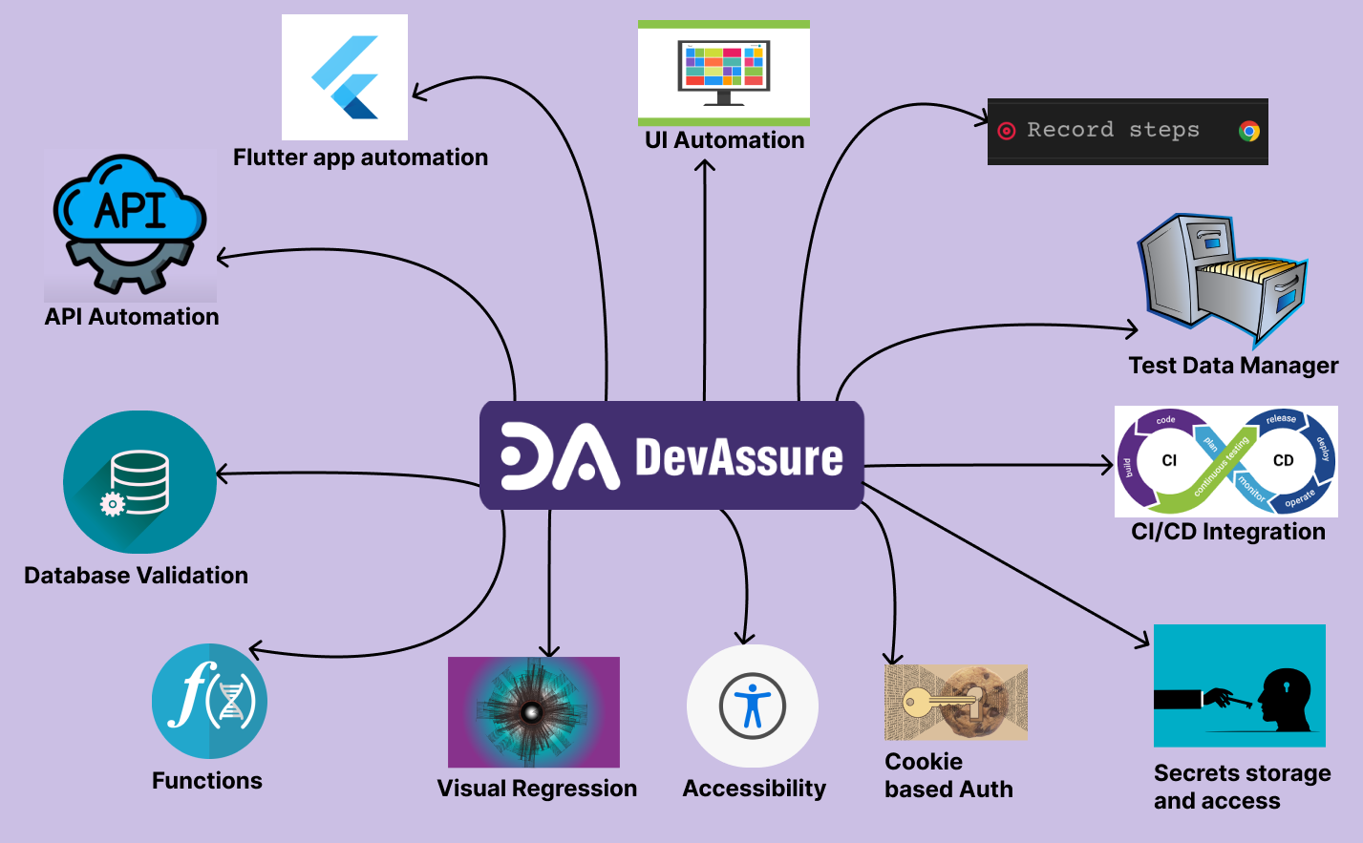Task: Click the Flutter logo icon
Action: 345,77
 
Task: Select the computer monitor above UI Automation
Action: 723,72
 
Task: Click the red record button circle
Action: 1006,131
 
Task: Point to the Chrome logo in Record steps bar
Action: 1248,132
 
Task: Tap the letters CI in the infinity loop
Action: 1169,460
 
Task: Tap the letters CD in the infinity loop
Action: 1283,460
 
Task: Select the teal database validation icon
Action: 139,482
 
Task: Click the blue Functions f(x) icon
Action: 209,702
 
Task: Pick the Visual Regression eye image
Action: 533,712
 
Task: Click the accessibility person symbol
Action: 753,706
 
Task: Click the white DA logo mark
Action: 559,456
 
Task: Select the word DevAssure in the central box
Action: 738,457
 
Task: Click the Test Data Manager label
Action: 1232,366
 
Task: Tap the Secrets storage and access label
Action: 1241,787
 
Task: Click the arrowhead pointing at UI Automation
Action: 705,165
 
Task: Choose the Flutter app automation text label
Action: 360,158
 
